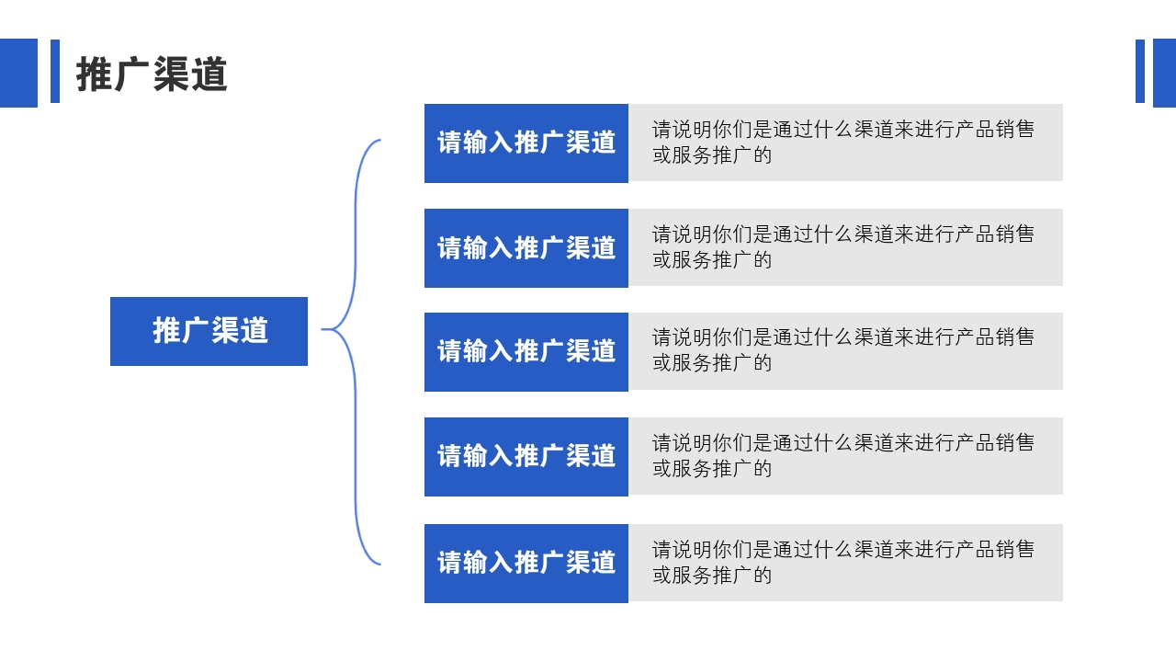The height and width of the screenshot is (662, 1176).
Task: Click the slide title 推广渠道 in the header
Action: point(152,74)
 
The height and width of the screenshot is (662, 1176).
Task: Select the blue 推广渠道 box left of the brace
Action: point(209,331)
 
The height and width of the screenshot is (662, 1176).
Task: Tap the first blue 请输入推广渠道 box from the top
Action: point(526,143)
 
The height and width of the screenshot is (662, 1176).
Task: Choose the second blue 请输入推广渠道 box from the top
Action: point(526,247)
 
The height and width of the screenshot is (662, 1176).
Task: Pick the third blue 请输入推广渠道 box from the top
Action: point(526,351)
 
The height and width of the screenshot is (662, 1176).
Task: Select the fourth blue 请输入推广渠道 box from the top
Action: point(526,456)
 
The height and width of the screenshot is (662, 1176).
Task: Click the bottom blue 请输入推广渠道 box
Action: point(526,563)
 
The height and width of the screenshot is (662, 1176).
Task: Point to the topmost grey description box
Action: point(845,143)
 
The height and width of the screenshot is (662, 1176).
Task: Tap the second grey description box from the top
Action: point(845,247)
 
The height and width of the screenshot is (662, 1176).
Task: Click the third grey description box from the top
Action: point(845,351)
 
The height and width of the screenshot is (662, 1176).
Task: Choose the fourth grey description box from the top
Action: point(845,456)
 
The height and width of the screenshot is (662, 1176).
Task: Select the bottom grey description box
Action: point(845,563)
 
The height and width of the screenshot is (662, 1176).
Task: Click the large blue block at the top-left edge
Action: point(18,73)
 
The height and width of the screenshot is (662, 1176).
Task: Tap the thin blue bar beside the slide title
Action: point(55,71)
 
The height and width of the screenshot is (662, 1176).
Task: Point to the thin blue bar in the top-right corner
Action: point(1140,71)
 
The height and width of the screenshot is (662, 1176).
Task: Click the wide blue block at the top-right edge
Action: point(1164,73)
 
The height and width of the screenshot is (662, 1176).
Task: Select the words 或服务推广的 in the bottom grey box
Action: point(712,576)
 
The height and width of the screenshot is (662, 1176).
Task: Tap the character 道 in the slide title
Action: point(209,74)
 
